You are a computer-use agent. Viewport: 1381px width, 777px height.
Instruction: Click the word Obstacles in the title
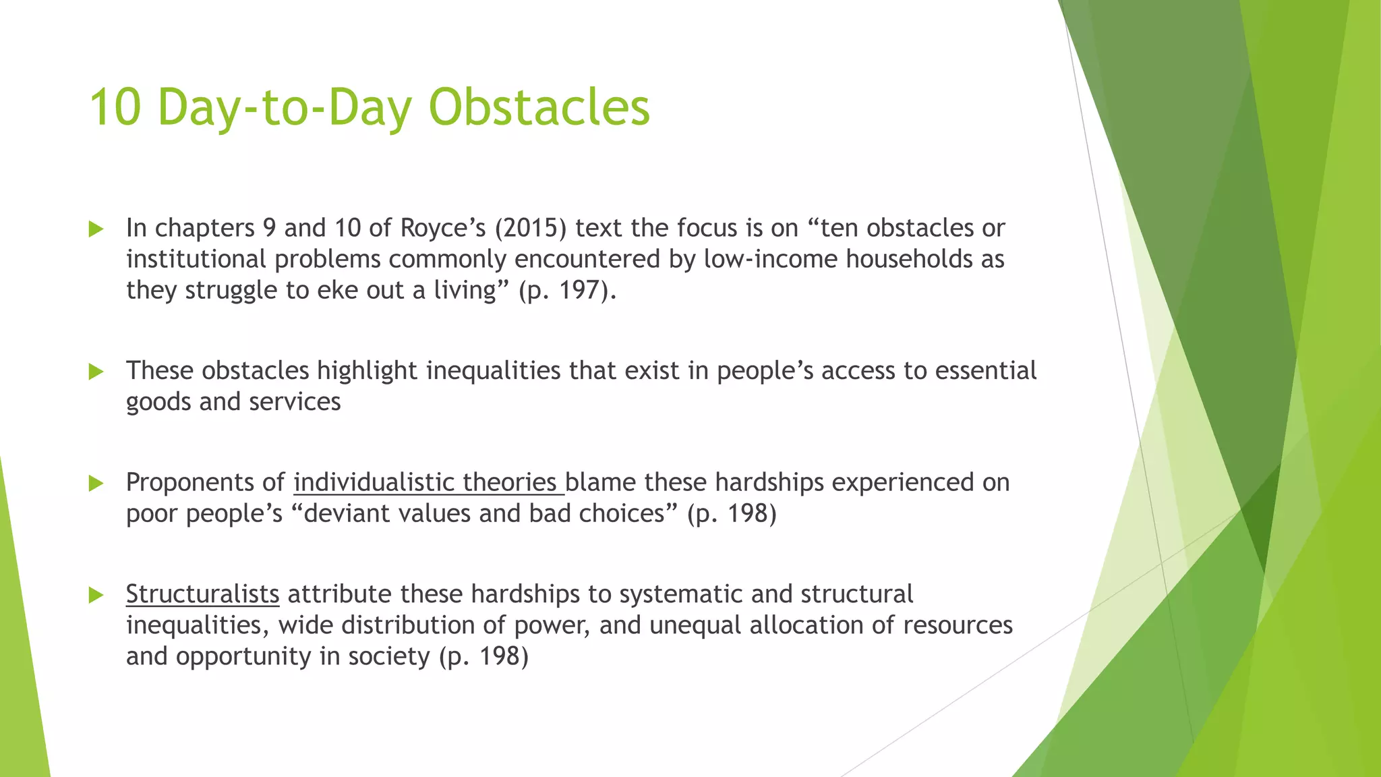click(539, 107)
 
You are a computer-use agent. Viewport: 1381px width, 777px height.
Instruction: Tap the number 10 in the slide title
click(115, 107)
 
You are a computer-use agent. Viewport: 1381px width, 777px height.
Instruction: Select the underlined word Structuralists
click(202, 594)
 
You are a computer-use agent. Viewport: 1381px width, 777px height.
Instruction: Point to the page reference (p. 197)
click(567, 291)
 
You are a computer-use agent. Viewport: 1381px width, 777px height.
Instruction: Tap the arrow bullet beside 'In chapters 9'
click(96, 229)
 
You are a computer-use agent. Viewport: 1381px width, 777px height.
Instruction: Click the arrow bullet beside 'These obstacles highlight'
click(96, 372)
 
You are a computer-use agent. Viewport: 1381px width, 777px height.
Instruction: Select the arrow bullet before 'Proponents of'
click(96, 484)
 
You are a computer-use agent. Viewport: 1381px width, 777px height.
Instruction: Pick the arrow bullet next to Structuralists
click(96, 595)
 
